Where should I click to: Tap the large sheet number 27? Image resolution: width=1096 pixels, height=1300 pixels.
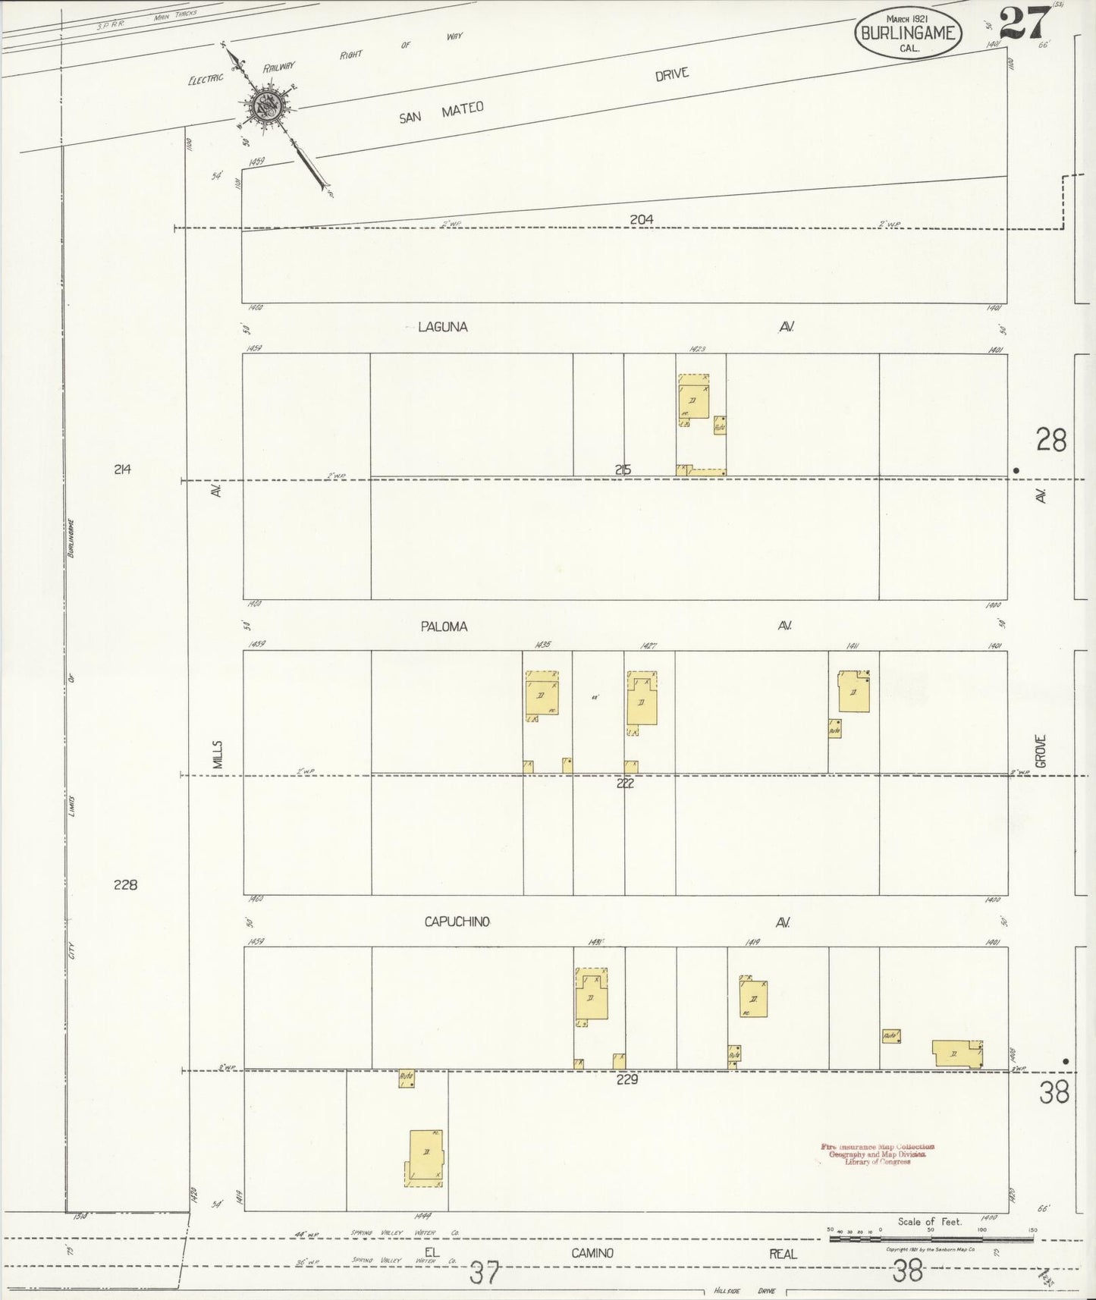click(1024, 23)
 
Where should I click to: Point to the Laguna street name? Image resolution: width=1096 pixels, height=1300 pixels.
click(443, 327)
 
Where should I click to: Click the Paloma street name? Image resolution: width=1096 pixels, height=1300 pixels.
click(444, 626)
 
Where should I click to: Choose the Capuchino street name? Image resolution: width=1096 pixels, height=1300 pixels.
click(457, 922)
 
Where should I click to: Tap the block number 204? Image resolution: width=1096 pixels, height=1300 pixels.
click(641, 219)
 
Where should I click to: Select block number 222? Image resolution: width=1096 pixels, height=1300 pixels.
click(624, 783)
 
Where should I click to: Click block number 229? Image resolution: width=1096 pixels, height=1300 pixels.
click(627, 1079)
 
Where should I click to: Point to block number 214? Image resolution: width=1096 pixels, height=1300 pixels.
click(122, 469)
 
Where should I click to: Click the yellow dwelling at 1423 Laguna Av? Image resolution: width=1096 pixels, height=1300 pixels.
click(693, 397)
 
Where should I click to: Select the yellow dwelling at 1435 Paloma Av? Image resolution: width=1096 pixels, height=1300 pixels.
click(542, 695)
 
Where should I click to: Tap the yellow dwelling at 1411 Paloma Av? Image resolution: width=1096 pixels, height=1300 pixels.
click(853, 692)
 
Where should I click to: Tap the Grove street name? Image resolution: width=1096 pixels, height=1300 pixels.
click(1041, 751)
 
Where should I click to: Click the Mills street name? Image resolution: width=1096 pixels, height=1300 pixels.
click(218, 756)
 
